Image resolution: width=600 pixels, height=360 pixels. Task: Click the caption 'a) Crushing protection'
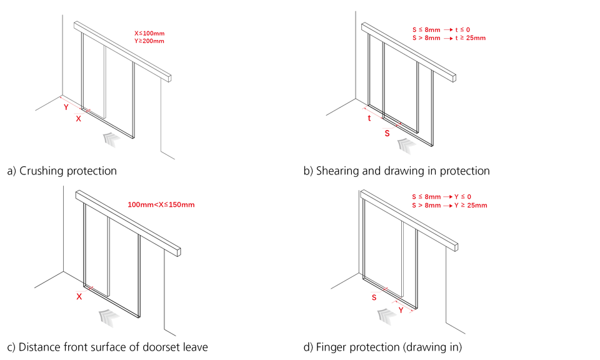click(x=61, y=171)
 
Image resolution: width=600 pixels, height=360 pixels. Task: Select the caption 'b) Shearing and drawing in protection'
click(x=396, y=171)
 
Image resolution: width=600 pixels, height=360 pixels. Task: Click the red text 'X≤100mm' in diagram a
click(x=149, y=33)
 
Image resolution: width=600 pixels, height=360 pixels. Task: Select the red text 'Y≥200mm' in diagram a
click(x=149, y=41)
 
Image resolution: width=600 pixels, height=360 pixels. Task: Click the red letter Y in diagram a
click(x=66, y=107)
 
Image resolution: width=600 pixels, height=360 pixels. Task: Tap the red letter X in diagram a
click(x=78, y=118)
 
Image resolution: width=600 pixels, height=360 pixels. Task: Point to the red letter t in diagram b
click(x=369, y=118)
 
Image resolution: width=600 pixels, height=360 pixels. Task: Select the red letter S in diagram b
click(x=387, y=133)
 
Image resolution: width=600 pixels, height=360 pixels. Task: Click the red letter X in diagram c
click(x=79, y=297)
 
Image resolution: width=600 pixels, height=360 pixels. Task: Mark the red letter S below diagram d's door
click(x=374, y=297)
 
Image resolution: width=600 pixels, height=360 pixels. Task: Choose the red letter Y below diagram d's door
click(x=401, y=309)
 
